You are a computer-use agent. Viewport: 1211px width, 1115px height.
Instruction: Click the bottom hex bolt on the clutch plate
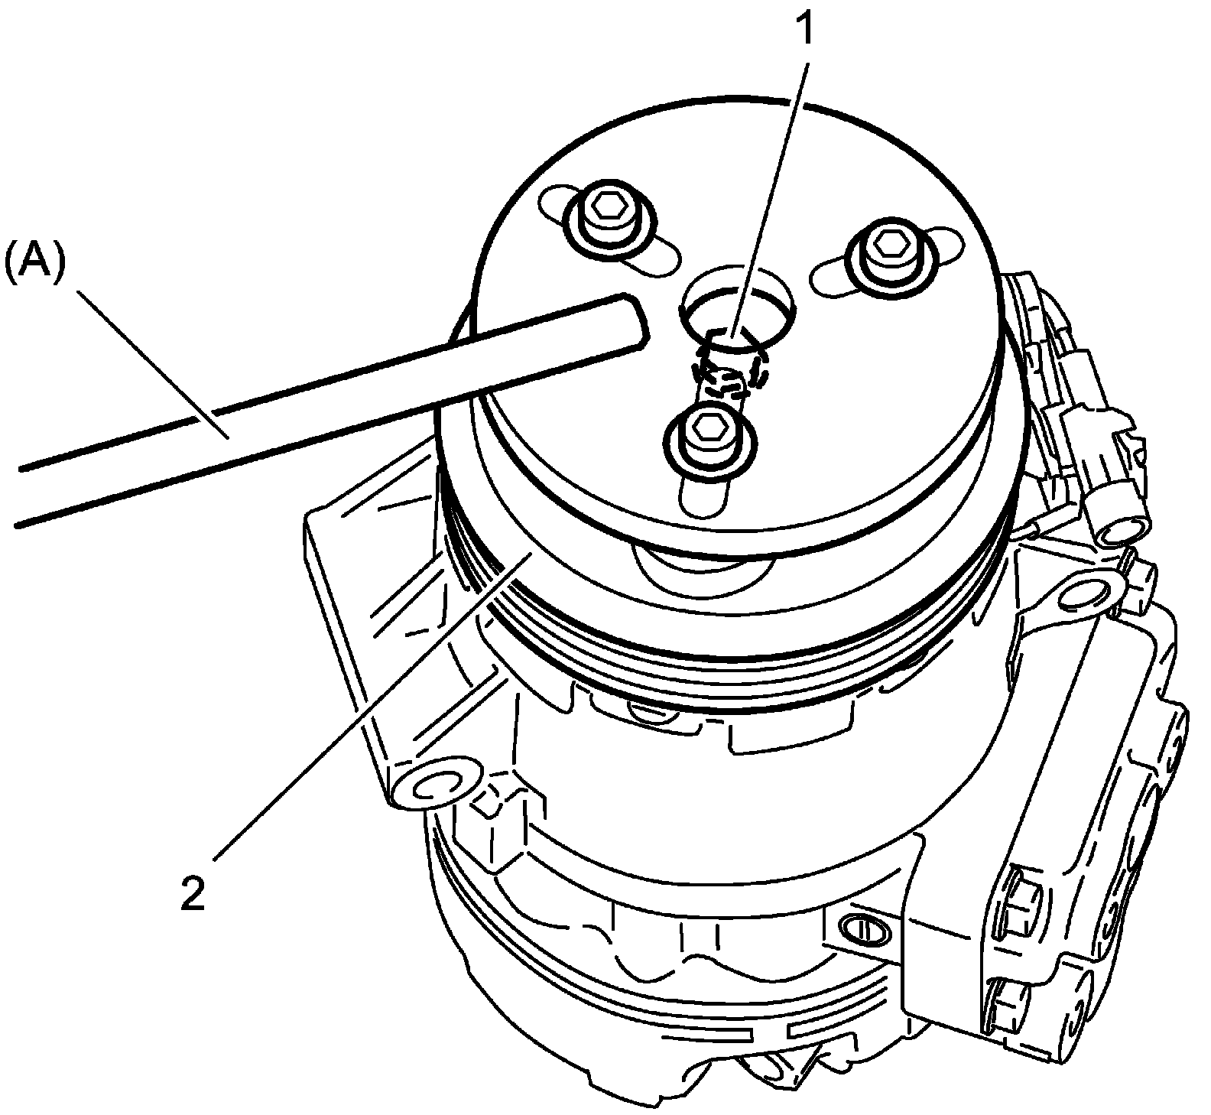(x=710, y=436)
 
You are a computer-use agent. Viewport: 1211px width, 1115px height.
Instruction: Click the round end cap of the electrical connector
(x=1122, y=528)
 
